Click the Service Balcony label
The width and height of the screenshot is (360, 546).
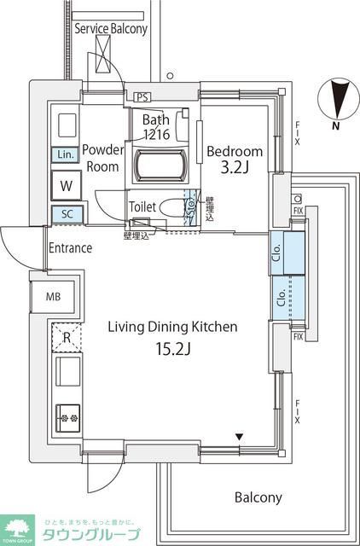pos(111,28)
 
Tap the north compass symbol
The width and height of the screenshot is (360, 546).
pos(338,100)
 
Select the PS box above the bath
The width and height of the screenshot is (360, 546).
pos(142,96)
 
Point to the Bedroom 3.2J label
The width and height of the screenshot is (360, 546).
pos(235,160)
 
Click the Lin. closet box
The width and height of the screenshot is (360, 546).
pos(66,154)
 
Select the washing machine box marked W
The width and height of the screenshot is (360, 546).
pos(66,183)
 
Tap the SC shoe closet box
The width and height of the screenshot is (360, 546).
pos(66,214)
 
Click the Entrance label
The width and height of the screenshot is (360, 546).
pos(70,249)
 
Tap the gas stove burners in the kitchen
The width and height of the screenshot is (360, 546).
pos(67,418)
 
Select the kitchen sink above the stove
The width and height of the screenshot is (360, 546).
pos(67,373)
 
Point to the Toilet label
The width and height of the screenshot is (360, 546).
pos(142,206)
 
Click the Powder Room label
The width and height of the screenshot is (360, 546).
pos(103,159)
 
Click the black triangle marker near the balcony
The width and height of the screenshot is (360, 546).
pos(241,438)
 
